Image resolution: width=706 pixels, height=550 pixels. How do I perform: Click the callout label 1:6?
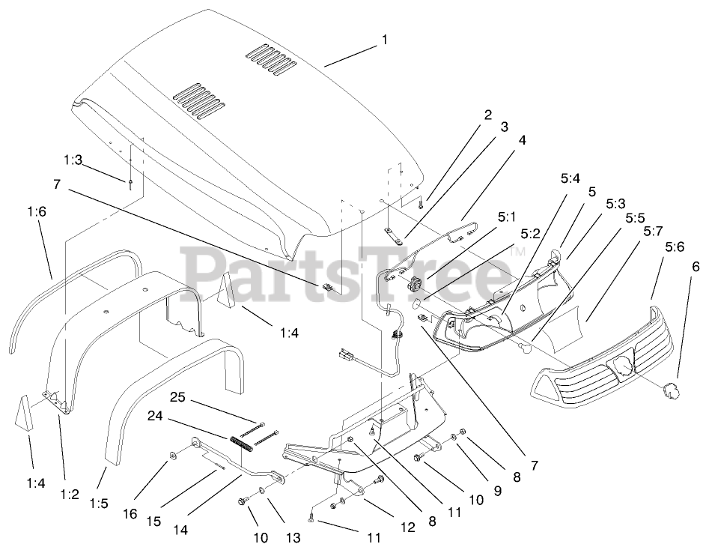tap(36, 214)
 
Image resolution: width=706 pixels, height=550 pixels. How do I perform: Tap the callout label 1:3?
tap(73, 160)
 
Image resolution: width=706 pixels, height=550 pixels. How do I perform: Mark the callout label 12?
tap(407, 528)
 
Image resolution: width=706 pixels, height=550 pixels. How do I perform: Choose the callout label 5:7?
tap(648, 223)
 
